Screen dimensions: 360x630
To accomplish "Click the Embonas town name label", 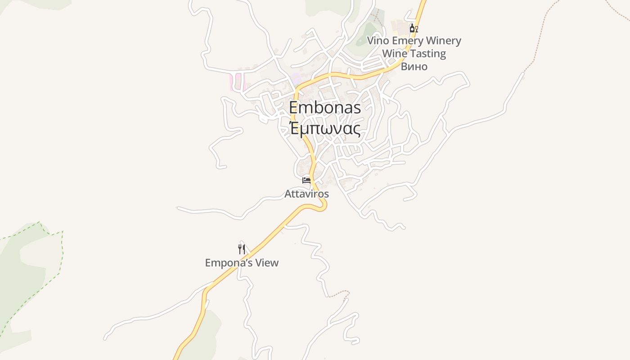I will coord(324,108).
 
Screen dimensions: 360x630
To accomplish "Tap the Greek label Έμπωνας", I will coord(324,129).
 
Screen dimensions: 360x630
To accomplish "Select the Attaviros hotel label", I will coord(306,194).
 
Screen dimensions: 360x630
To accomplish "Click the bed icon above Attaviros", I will coord(306,180).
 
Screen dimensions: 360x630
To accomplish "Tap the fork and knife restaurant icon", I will coord(242,249).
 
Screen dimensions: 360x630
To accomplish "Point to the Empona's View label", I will coord(242,263).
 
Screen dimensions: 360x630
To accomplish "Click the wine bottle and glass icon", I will coord(414,28).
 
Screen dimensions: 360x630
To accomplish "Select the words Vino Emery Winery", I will coord(414,41).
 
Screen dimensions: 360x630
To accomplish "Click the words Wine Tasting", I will coord(414,54).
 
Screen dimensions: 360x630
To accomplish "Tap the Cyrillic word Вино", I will coord(414,67).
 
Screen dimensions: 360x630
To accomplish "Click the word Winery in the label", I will coord(444,41).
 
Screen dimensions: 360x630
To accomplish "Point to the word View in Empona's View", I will coord(267,263).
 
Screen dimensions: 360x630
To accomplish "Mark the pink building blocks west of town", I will coord(237,82).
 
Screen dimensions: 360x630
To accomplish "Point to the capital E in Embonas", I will coord(293,108).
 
